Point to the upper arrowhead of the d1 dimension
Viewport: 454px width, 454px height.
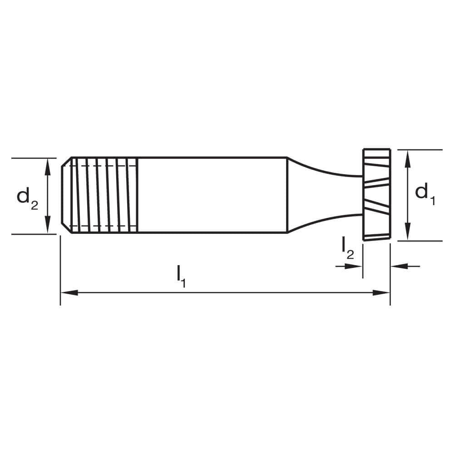(x=408, y=156)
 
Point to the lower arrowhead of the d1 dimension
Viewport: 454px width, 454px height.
(x=408, y=234)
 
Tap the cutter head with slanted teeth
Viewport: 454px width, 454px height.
(x=376, y=194)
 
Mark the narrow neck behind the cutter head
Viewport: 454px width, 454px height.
(x=327, y=195)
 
